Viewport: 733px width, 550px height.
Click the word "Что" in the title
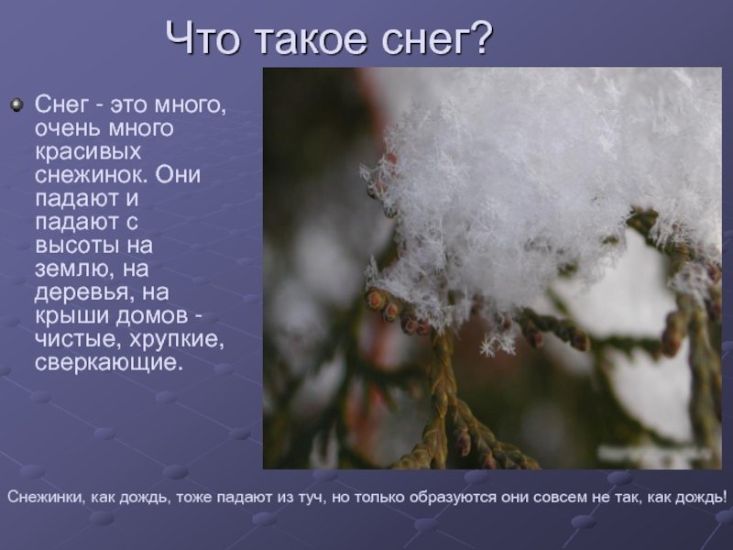pyautogui.click(x=202, y=38)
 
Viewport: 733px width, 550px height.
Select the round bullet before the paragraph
pyautogui.click(x=16, y=104)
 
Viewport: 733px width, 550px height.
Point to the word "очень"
pyautogui.click(x=68, y=128)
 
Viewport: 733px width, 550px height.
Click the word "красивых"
pyautogui.click(x=88, y=151)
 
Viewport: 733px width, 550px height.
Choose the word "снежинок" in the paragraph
pyautogui.click(x=91, y=175)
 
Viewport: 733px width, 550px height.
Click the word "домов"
pyautogui.click(x=151, y=316)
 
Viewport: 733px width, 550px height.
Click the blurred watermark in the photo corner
pyautogui.click(x=654, y=453)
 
